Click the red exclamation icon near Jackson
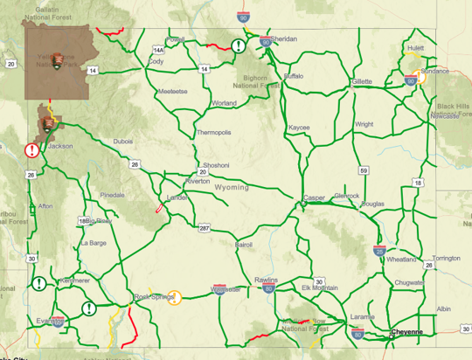click(31, 150)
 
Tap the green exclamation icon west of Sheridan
click(238, 46)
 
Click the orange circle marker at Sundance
click(420, 76)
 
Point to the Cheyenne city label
click(406, 332)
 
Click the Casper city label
click(314, 198)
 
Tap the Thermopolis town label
click(214, 133)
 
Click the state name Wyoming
click(232, 187)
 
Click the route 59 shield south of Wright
click(364, 170)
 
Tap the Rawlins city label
click(266, 280)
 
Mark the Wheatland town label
click(401, 260)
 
